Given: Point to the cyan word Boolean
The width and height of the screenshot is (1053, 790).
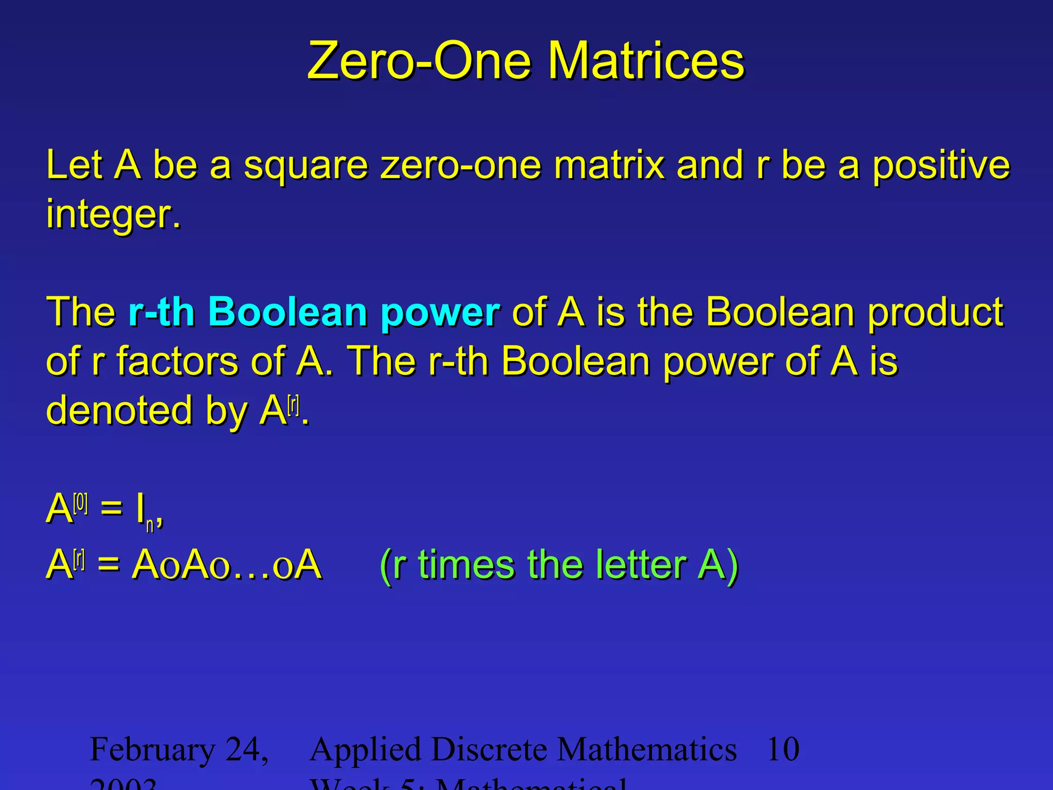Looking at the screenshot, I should click(288, 312).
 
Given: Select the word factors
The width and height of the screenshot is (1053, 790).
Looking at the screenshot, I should click(177, 361).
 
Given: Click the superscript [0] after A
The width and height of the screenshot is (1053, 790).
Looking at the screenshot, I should click(81, 503).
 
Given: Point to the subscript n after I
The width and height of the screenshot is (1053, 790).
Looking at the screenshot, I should click(150, 526).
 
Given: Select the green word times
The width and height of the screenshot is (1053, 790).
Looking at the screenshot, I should click(466, 565).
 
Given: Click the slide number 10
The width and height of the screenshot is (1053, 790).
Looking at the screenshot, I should click(783, 749).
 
